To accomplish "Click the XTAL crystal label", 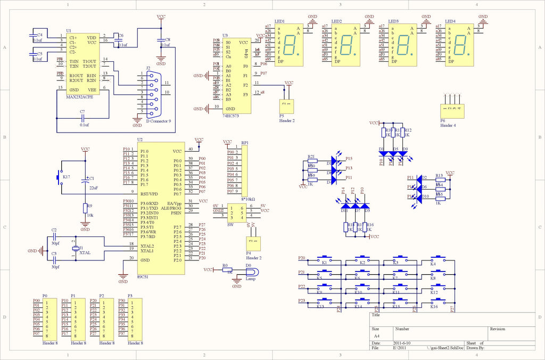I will (85, 253).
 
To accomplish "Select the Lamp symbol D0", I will (249, 272).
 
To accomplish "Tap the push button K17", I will (60, 176).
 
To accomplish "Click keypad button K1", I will (325, 262).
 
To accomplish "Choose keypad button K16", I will (434, 306).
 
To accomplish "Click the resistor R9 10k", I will (85, 209).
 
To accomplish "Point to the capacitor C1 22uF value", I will (94, 188).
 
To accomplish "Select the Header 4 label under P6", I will (448, 125).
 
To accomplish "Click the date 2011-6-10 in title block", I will (402, 343).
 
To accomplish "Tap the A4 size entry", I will (377, 336).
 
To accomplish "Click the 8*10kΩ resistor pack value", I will (248, 199).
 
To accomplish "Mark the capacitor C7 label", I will (82, 112).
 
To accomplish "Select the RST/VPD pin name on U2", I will (149, 194).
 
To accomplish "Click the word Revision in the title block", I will (498, 329).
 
